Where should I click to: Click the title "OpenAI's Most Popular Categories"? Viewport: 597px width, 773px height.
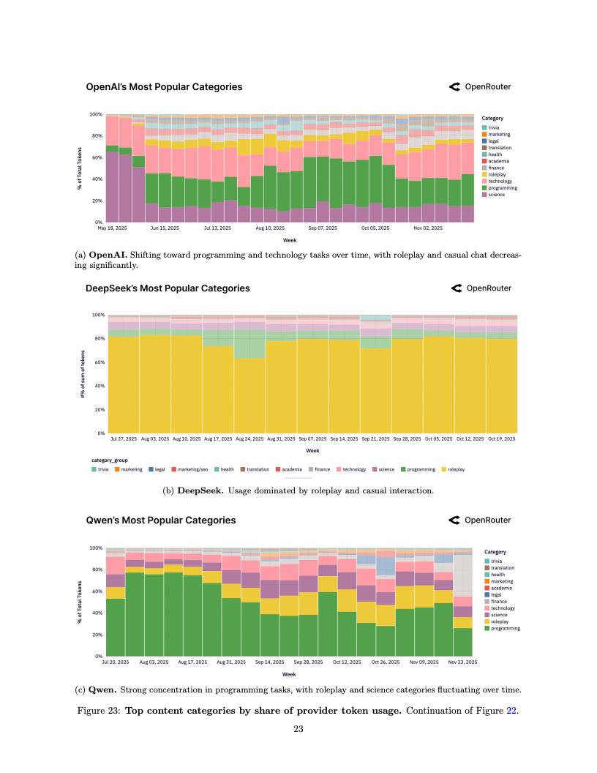164,87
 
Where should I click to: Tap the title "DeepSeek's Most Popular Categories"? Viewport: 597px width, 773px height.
168,288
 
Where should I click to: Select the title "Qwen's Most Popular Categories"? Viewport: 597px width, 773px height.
161,520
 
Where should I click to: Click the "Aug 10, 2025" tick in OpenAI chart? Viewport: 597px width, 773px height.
270,228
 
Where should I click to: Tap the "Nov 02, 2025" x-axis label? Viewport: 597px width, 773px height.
428,228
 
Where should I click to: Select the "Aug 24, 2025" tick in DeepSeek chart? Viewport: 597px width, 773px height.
249,439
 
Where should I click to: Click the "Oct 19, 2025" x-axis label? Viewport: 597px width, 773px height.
501,439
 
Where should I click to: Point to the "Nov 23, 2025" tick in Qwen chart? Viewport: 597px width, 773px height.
463,662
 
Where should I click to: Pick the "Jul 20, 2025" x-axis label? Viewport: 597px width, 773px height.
115,662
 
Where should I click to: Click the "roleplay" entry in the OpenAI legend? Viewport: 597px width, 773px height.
499,174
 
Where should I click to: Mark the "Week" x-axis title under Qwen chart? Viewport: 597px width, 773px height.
289,674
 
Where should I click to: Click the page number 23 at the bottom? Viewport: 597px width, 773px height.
298,728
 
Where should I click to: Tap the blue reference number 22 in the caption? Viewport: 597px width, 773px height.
512,710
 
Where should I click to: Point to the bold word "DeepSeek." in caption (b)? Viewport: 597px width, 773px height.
201,490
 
